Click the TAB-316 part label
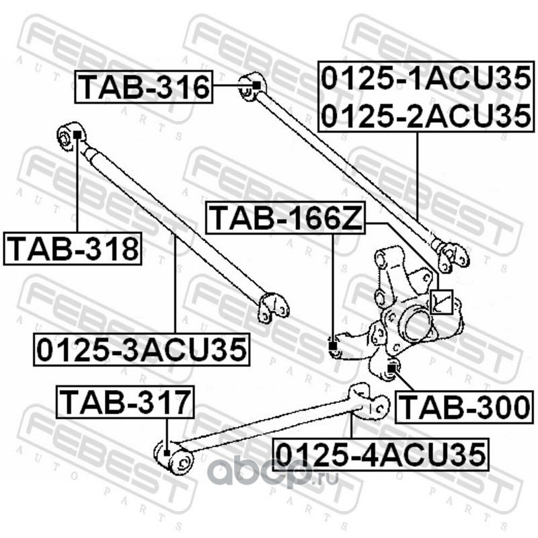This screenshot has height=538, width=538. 144,87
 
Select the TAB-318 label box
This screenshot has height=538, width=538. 73,248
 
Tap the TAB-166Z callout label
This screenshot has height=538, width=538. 285,217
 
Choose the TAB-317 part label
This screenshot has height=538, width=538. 125,401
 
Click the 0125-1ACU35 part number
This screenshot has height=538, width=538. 426,79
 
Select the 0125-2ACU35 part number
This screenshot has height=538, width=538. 426,115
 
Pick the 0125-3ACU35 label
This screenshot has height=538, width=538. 141,349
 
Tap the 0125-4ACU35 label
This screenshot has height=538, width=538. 381,455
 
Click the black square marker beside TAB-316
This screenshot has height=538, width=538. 257,85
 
